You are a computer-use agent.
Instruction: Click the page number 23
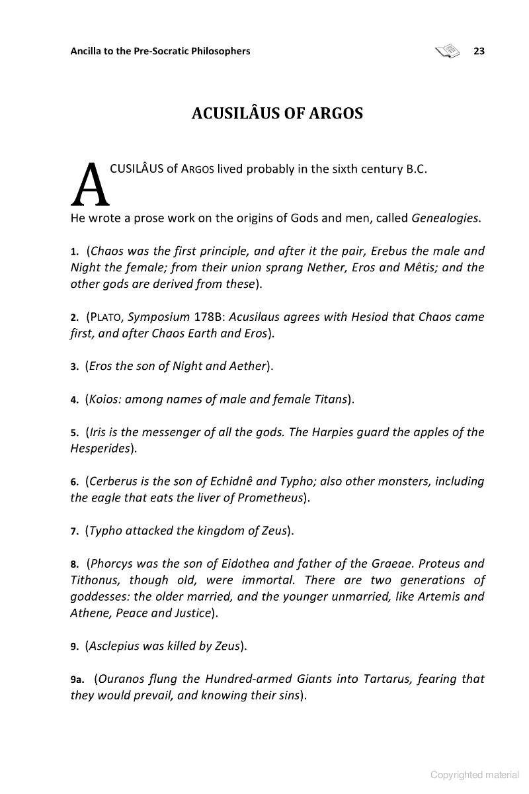click(x=479, y=51)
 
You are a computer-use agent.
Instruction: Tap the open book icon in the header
click(x=447, y=50)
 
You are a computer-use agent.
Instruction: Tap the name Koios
click(x=103, y=399)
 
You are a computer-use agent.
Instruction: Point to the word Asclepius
click(x=114, y=645)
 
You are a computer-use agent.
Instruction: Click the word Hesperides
click(x=100, y=449)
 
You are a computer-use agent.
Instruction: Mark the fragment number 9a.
click(x=77, y=679)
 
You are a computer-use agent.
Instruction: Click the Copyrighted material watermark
click(x=475, y=774)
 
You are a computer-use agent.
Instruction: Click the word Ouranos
click(x=121, y=678)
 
